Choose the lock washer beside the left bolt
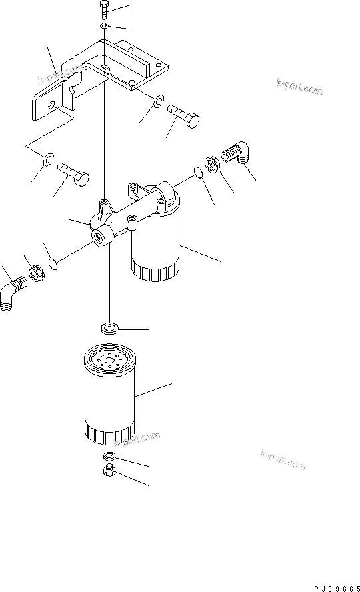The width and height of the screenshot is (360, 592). tap(48, 160)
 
